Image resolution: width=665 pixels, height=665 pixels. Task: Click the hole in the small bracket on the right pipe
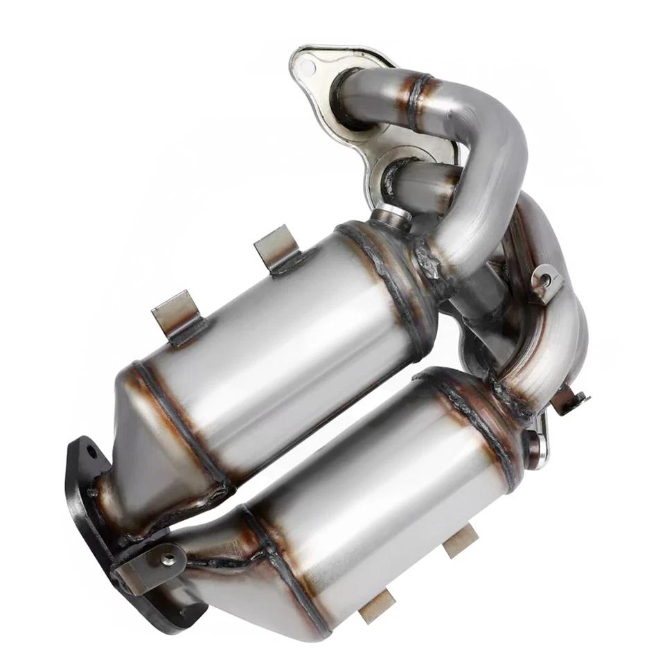pyautogui.click(x=546, y=280)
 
